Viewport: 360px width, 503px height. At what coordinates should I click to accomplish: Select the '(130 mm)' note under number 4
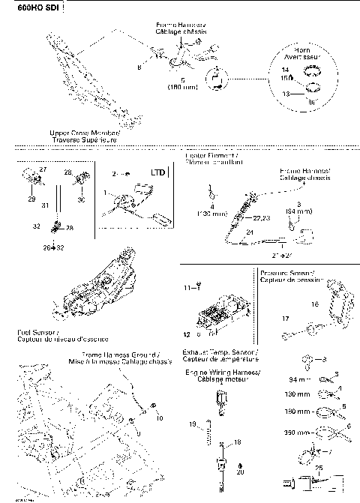point(213,214)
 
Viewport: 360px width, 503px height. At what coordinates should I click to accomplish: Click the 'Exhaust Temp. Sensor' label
point(220,352)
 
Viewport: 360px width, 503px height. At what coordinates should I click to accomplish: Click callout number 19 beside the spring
point(191,425)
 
